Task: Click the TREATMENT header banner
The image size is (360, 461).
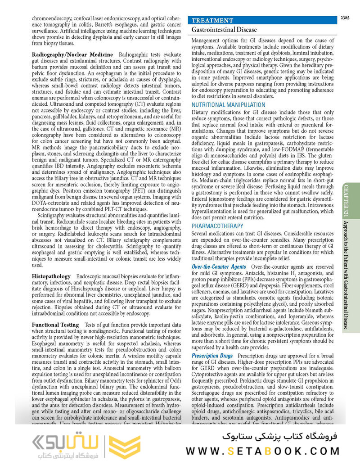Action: pyautogui.click(x=213, y=21)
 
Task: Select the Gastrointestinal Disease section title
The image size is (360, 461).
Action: pyautogui.click(x=224, y=30)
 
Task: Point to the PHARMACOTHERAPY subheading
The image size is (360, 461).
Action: pyautogui.click(x=218, y=226)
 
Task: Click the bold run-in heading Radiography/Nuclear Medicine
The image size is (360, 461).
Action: pyautogui.click(x=72, y=54)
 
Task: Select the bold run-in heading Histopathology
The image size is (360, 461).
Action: pyautogui.click(x=51, y=276)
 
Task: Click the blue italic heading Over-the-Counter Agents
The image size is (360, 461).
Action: pyautogui.click(x=219, y=267)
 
